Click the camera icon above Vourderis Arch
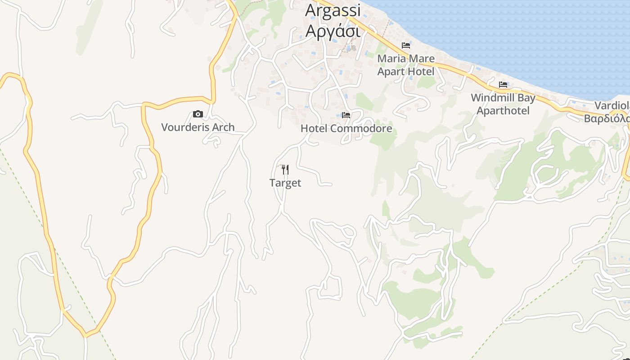198,114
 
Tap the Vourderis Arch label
198,127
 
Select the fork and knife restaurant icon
285,170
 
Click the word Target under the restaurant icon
285,183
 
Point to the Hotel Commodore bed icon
346,115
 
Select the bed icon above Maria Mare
406,45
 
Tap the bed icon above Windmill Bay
503,85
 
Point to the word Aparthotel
503,111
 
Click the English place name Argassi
333,10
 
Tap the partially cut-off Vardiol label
612,106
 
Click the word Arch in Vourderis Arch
224,127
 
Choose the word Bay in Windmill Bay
527,98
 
